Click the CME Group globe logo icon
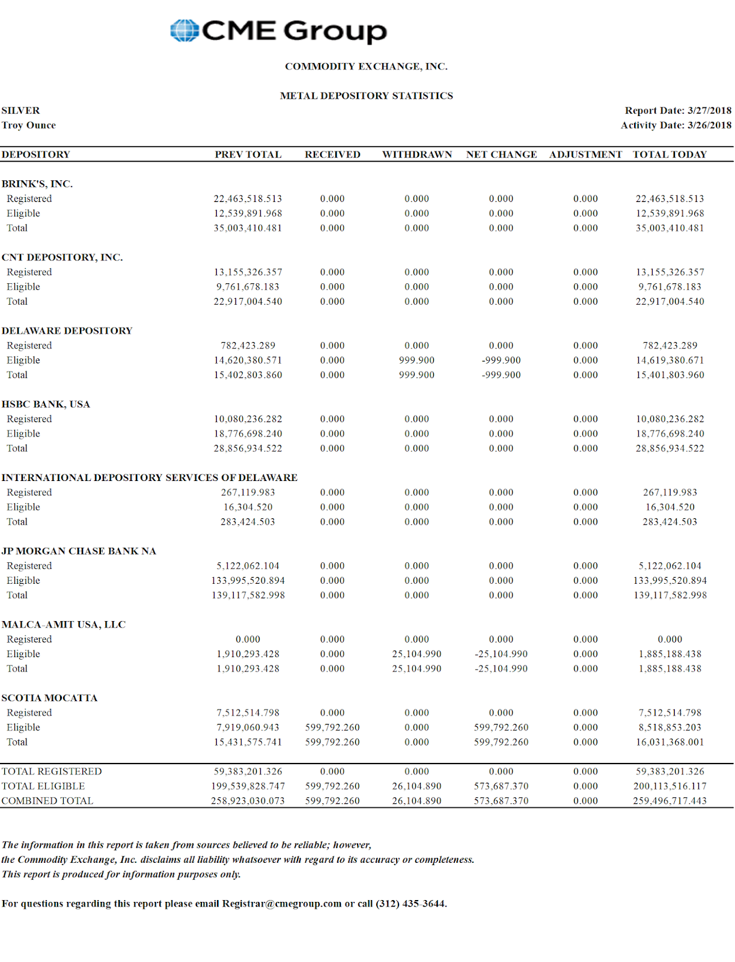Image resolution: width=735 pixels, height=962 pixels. coord(184,31)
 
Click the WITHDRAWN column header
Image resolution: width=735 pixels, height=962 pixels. coord(417,155)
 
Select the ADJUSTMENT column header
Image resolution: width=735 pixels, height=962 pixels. coord(585,155)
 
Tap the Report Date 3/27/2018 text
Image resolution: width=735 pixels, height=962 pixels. coord(678,111)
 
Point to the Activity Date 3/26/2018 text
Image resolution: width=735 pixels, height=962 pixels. coord(676,125)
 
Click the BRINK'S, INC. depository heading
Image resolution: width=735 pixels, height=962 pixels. coord(37,184)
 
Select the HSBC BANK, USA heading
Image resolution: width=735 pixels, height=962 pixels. coord(46,404)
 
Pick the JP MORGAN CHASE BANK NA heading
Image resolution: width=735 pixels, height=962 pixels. coord(79,551)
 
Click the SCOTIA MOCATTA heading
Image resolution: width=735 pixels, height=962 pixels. coord(49,698)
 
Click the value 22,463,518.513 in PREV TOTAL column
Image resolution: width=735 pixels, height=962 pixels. coord(248,199)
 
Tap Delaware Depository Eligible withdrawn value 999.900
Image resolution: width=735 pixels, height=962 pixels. coord(416,360)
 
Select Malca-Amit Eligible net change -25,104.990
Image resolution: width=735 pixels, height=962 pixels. coord(501,654)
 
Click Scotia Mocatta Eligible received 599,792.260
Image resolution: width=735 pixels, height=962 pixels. coord(332,728)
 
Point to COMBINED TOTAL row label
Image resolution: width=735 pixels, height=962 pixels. coord(47,801)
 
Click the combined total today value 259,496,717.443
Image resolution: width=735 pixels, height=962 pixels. coord(669,801)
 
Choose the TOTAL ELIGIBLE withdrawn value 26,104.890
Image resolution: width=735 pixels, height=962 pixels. coord(416,786)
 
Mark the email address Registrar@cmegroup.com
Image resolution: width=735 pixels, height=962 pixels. coord(281,904)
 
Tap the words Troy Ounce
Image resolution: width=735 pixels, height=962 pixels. coord(29,125)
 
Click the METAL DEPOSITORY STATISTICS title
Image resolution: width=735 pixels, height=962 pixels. coord(367,96)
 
